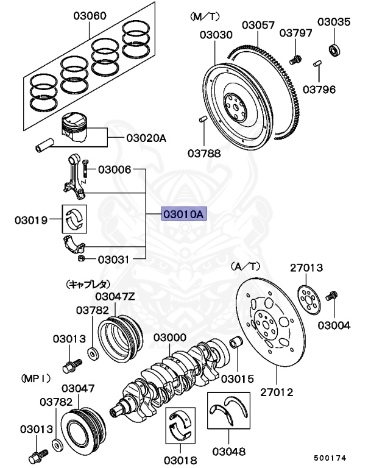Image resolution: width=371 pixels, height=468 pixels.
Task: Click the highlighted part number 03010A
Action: [185, 214]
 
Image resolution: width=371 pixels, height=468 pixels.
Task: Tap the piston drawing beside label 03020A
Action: [77, 129]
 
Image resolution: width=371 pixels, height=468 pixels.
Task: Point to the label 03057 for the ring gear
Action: [258, 25]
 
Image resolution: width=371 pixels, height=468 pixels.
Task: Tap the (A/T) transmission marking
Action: [245, 266]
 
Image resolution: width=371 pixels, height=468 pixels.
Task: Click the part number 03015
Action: [237, 378]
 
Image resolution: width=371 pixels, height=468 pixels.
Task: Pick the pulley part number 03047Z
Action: [114, 296]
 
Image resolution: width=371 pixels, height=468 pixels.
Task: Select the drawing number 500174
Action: [332, 456]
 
